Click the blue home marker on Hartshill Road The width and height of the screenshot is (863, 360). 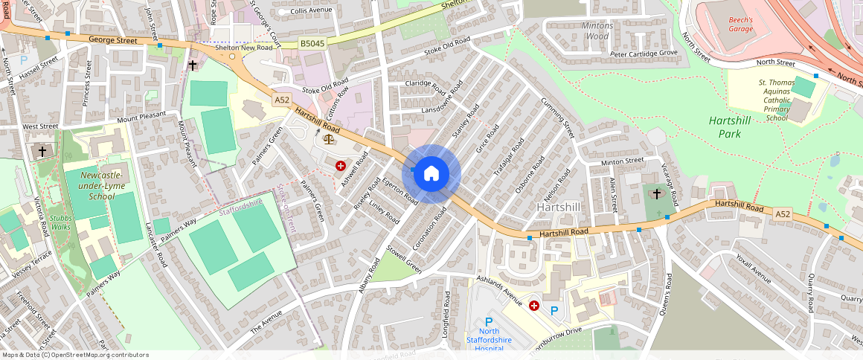(x=431, y=174)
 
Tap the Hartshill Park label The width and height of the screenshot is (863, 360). (x=732, y=126)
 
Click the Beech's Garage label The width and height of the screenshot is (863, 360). (x=740, y=25)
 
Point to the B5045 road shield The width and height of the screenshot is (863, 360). (x=312, y=45)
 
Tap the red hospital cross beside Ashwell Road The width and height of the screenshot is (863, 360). (x=341, y=166)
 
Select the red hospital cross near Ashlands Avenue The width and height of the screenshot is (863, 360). (x=533, y=305)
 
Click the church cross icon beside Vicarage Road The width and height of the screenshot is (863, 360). (x=655, y=193)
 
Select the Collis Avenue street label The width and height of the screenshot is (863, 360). (x=312, y=10)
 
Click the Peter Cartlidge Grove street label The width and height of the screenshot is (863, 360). (x=644, y=54)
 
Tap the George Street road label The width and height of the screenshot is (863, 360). (x=113, y=40)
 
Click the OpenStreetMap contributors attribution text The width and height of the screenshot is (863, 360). (x=76, y=355)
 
